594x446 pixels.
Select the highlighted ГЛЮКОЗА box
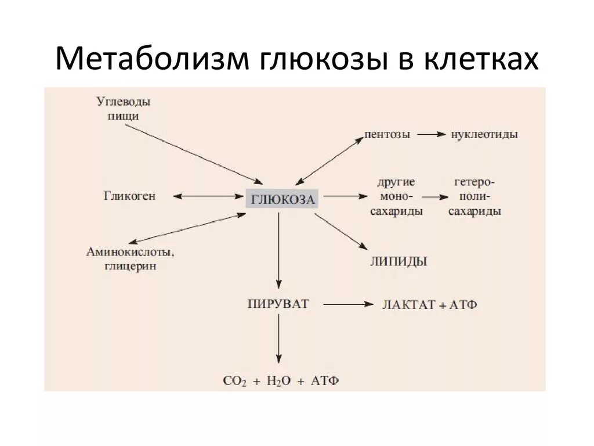[282, 200]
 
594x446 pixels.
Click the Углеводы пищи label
[123, 109]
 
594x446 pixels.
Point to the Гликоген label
[131, 196]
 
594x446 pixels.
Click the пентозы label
[387, 134]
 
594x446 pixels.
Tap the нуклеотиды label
[484, 134]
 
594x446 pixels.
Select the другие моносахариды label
[397, 197]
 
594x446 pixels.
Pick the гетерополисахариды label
[475, 197]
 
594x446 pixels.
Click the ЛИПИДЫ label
[399, 261]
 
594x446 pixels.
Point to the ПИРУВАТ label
[278, 303]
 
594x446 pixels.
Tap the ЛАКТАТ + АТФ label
[430, 304]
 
